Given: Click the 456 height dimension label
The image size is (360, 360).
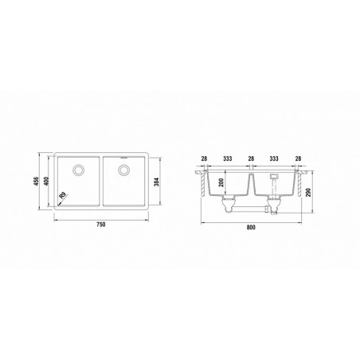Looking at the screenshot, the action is point(37,182).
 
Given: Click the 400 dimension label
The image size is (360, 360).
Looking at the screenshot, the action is point(47,181).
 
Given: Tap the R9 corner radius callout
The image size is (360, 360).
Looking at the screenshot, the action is point(63,196).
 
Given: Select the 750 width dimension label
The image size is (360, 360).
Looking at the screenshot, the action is point(101,225).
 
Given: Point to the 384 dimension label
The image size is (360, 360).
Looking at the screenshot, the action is point(157,182).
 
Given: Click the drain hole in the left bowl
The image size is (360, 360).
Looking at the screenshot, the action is point(79,170).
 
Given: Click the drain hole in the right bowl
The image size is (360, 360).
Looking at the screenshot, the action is point(123,170).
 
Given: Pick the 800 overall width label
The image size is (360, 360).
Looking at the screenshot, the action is point(251,228).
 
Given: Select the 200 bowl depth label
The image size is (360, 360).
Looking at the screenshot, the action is point(221,182).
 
